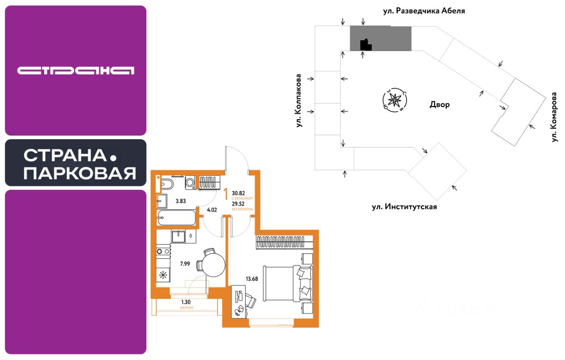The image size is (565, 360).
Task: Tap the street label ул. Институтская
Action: (x=404, y=206)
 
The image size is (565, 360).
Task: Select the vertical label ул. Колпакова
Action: (x=299, y=101)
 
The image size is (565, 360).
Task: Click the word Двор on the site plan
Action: (x=439, y=105)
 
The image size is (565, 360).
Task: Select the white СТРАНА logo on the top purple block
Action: (x=75, y=71)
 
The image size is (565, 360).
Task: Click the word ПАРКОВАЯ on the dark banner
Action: (x=79, y=174)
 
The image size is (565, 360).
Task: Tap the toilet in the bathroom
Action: (x=167, y=183)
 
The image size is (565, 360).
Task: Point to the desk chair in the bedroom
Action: (x=249, y=302)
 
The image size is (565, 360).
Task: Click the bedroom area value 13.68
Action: (x=252, y=279)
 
